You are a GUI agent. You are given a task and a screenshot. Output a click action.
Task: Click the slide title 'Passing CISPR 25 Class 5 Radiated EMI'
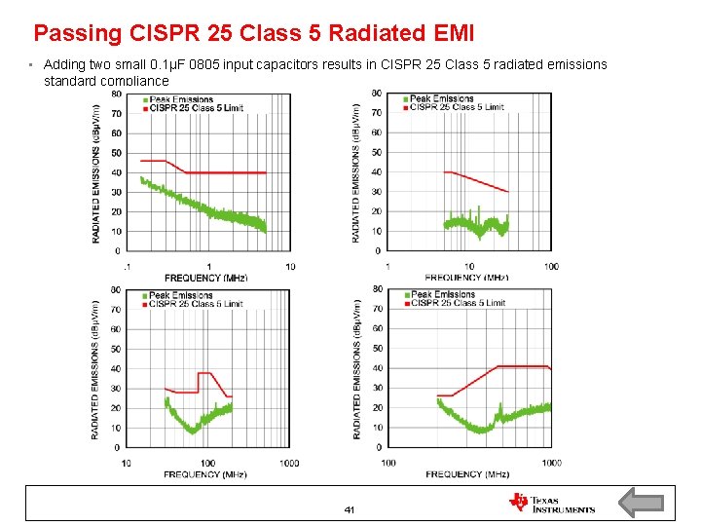coord(253,33)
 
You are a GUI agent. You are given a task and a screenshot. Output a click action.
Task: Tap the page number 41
coord(350,510)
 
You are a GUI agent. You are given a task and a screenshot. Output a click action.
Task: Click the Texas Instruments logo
coord(551,503)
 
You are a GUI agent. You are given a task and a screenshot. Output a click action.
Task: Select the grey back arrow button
coord(641,503)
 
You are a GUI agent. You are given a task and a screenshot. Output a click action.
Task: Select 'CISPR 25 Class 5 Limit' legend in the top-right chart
coord(456,107)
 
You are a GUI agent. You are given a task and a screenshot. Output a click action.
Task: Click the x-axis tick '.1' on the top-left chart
coord(127,267)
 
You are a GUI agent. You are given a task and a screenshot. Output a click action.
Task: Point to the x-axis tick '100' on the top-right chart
coord(551,267)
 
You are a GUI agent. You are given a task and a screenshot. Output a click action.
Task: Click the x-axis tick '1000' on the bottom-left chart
coord(289,463)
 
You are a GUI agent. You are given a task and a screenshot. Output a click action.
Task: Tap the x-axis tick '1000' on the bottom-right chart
coord(551,463)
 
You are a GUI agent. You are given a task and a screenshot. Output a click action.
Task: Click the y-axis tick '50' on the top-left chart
coord(117,153)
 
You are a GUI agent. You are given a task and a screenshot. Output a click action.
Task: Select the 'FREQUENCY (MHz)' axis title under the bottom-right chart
coord(467,474)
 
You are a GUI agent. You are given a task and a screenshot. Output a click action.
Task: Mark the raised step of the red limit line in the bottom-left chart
coord(205,373)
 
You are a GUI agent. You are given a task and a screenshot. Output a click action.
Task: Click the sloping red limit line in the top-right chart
coord(477,181)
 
